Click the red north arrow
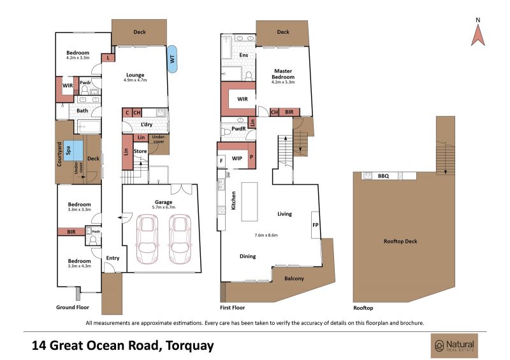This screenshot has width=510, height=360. (477, 36)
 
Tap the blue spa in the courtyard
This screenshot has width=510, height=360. (73, 150)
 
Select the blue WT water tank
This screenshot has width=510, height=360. (172, 59)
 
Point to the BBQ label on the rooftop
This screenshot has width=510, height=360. (383, 176)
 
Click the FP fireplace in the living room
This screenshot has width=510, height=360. (316, 225)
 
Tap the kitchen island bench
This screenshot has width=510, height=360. (249, 201)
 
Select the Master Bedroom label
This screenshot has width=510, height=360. (283, 74)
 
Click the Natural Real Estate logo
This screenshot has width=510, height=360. (455, 345)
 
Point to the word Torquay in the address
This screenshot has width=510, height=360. (189, 345)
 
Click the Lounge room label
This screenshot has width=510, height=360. (135, 75)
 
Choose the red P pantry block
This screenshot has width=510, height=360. (251, 156)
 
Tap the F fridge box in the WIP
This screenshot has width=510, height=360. (221, 161)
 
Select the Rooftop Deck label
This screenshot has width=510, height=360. (400, 241)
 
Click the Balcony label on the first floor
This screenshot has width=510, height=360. (294, 278)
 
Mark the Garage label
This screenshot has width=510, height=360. (163, 202)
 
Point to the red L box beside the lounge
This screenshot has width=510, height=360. (108, 58)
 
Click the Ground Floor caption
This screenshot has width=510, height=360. (73, 307)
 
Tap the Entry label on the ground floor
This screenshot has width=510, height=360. (113, 258)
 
